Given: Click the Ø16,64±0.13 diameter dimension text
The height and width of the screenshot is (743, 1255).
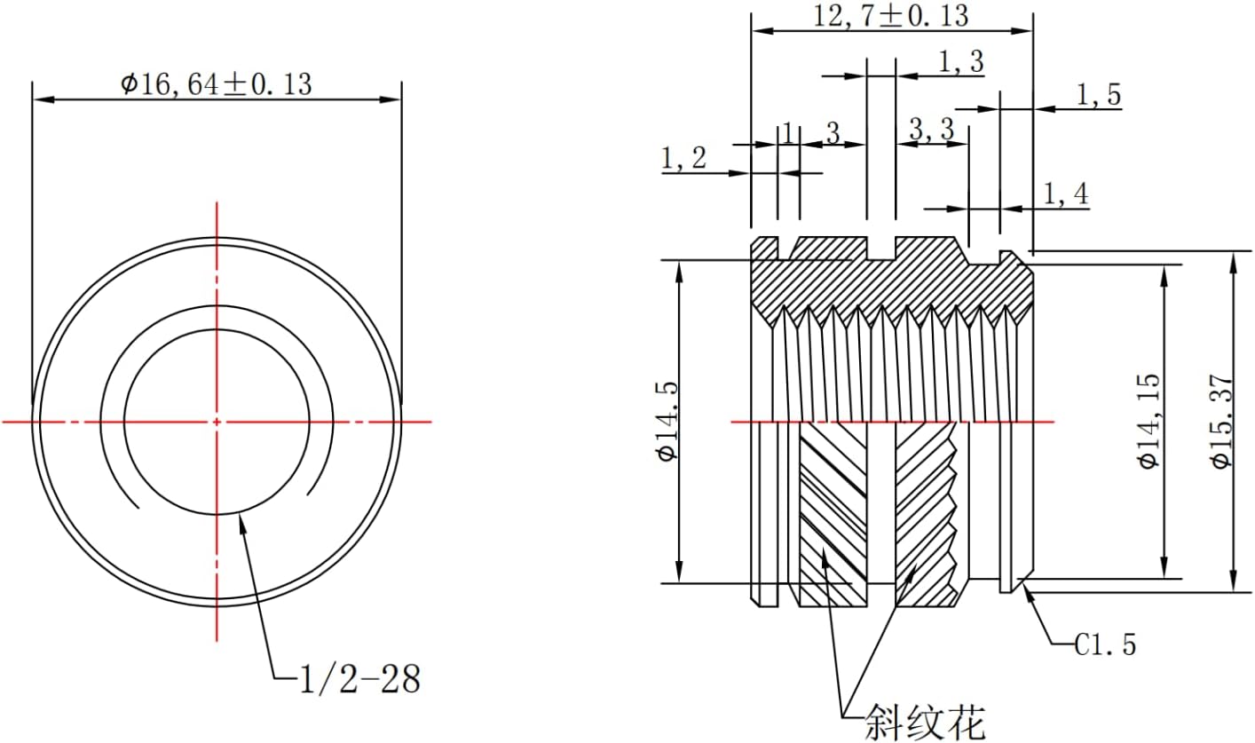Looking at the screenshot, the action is pos(217,84).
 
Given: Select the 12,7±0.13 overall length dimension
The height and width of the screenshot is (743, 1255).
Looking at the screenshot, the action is pos(891,16).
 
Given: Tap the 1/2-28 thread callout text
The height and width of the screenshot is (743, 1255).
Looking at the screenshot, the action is pos(360,679).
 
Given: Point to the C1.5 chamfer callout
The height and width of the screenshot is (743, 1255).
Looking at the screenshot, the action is pos(1105,644).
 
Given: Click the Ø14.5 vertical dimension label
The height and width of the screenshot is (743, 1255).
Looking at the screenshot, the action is pos(668,421).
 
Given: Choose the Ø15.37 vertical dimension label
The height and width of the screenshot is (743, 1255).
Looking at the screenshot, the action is pos(1222,420).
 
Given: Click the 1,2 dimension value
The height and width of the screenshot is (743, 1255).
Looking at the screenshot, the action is pos(683,158).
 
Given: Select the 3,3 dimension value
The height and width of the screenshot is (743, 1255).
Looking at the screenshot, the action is pos(931,130).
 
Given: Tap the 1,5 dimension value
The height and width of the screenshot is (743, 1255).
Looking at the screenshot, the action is pos(1100,95).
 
